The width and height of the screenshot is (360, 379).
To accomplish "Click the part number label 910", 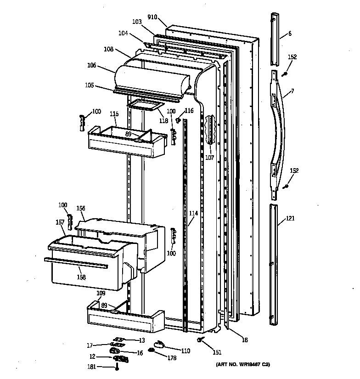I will pos(152,17).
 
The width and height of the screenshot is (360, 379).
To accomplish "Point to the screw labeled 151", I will pos(201,340).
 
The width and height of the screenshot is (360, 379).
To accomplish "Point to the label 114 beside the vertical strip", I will pos(193,213).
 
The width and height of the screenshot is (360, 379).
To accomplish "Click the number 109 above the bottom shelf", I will pos(101,293).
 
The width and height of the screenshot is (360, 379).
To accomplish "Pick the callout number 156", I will pos(81,208).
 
